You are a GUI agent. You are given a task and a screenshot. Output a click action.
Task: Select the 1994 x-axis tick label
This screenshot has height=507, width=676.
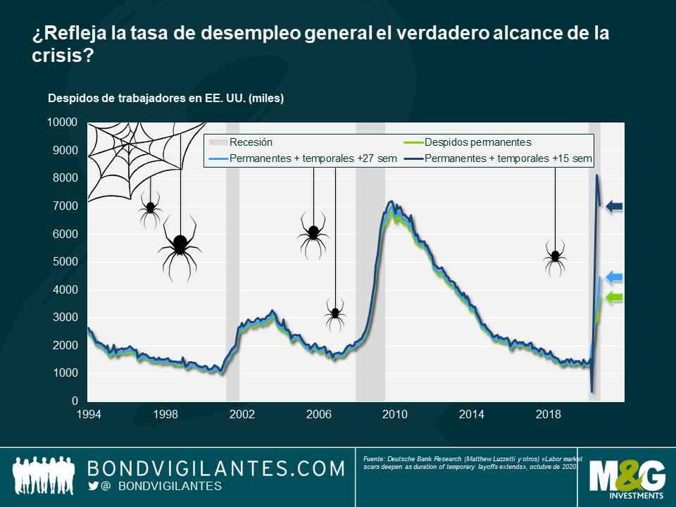(x=88, y=414)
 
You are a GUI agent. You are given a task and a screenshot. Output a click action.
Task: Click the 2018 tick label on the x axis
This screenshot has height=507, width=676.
(x=548, y=414)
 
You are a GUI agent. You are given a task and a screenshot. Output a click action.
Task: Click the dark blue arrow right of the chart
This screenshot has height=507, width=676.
(x=615, y=206)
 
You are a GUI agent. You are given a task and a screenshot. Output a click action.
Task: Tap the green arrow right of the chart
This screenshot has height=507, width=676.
(x=615, y=297)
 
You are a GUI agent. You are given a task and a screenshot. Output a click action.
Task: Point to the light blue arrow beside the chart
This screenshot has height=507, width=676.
(x=615, y=277)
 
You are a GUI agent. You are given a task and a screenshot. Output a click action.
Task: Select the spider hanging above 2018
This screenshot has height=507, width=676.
(x=555, y=258)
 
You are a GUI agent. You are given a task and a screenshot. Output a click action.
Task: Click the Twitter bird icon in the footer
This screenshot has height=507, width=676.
(x=94, y=487)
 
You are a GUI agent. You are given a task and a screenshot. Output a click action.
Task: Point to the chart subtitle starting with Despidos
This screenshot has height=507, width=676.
(x=165, y=99)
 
